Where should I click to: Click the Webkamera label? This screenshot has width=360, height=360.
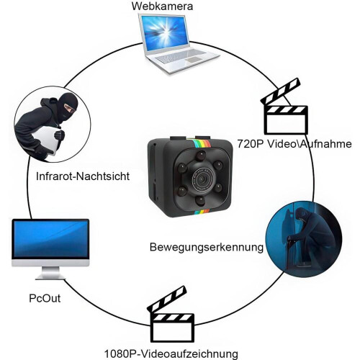click(x=162, y=6)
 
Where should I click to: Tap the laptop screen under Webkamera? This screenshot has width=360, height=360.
click(x=164, y=32)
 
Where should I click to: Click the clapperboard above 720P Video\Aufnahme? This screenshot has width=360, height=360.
click(x=285, y=106)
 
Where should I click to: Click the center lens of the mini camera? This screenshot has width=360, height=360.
click(x=204, y=179)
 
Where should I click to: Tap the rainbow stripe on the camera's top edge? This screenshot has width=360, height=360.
click(x=201, y=143)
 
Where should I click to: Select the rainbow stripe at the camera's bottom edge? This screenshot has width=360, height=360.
click(x=202, y=212)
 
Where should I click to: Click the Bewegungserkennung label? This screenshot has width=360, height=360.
click(x=207, y=247)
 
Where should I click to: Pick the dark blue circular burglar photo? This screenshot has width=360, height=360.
click(x=303, y=239)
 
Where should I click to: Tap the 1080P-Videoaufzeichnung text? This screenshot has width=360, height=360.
click(x=171, y=354)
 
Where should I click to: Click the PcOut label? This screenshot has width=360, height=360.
click(x=45, y=298)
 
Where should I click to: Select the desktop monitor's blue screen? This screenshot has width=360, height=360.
click(x=50, y=239)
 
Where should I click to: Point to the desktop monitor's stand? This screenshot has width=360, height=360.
click(x=50, y=273)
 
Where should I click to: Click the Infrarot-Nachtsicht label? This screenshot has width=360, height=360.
click(x=83, y=176)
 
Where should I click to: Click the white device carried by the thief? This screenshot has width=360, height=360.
click(x=48, y=140)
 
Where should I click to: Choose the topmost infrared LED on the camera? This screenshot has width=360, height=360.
click(x=201, y=156)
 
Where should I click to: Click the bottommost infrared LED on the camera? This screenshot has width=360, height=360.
click(x=200, y=201)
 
